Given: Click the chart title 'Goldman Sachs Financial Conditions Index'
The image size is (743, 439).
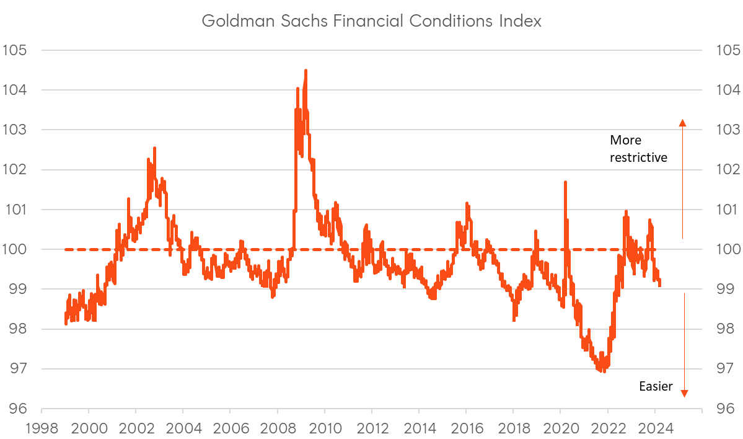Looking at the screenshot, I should click(x=372, y=21).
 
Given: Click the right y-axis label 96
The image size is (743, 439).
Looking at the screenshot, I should click(x=723, y=409).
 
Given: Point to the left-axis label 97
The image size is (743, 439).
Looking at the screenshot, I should click(x=17, y=369).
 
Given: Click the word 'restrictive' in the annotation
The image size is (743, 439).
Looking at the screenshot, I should click(x=638, y=157).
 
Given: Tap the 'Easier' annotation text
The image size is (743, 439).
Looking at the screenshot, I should click(x=656, y=387).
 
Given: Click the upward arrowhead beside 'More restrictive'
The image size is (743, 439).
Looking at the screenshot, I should click(x=682, y=122).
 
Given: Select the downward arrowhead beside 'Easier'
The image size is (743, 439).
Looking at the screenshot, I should click(x=684, y=392).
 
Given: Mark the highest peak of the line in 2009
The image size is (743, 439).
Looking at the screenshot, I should click(x=306, y=71).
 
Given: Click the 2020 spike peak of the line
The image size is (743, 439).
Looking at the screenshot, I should click(x=565, y=182).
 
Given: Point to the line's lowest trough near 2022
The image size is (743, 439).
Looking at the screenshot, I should click(x=604, y=371).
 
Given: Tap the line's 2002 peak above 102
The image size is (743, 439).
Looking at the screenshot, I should click(x=154, y=148).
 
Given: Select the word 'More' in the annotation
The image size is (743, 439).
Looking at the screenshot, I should click(x=625, y=140).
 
